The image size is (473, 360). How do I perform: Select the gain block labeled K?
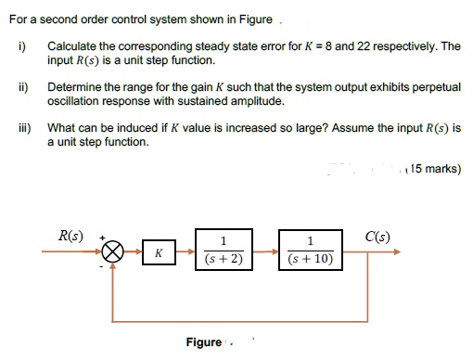(x=159, y=251)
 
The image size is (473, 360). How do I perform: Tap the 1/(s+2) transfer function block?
(x=222, y=251)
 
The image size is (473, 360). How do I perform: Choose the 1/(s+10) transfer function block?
(x=313, y=251)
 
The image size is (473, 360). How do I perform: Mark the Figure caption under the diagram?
(x=203, y=342)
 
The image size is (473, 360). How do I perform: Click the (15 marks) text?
(x=434, y=169)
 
